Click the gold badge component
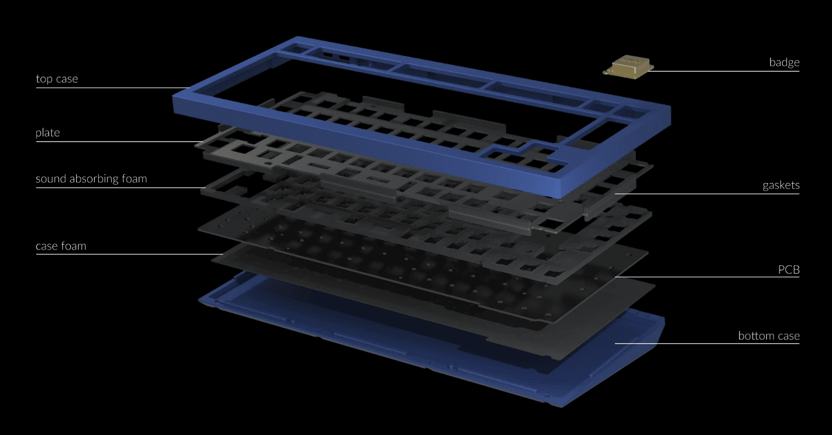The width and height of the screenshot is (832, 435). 628,67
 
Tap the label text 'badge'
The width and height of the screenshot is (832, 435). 784,62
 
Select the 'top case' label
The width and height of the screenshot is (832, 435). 57,79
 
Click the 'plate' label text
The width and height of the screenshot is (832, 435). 48,133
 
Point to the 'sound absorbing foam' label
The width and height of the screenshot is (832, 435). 91,179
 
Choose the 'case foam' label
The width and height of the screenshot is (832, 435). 61,246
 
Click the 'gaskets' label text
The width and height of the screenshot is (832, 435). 781,185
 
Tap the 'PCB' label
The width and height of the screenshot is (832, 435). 788,270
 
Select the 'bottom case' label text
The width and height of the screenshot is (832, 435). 768,336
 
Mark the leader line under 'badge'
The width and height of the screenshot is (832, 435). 724,71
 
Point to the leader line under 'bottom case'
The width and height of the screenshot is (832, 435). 708,343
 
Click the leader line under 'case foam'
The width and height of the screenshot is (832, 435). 130,254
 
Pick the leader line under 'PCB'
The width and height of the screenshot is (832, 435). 708,277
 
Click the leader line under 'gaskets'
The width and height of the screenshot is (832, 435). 708,193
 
